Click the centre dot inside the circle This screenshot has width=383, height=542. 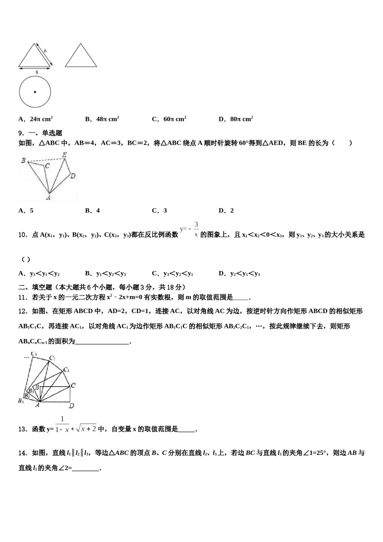pyautogui.click(x=35, y=92)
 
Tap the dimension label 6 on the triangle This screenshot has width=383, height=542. pyautogui.click(x=45, y=51)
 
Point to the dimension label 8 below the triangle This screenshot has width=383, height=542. pyautogui.click(x=37, y=72)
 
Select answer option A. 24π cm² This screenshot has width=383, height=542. pyautogui.click(x=35, y=119)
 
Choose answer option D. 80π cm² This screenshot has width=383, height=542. pyautogui.click(x=236, y=119)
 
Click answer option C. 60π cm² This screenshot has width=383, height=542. pyautogui.click(x=169, y=119)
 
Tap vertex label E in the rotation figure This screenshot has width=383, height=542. pyautogui.click(x=64, y=154)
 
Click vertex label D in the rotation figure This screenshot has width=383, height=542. pyautogui.click(x=73, y=175)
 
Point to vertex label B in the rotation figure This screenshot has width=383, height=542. pyautogui.click(x=23, y=161)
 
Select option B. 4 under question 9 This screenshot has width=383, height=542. pyautogui.click(x=92, y=211)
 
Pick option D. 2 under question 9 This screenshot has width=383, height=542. pyautogui.click(x=226, y=211)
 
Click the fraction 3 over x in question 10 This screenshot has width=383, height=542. pyautogui.click(x=196, y=229)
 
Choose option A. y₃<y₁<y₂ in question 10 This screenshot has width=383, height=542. pyautogui.click(x=39, y=274)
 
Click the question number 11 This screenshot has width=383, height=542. pyautogui.click(x=23, y=298)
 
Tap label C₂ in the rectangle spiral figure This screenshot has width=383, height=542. pyautogui.click(x=52, y=358)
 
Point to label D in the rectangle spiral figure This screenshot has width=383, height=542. pyautogui.click(x=71, y=405)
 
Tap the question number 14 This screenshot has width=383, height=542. pyautogui.click(x=23, y=453)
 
